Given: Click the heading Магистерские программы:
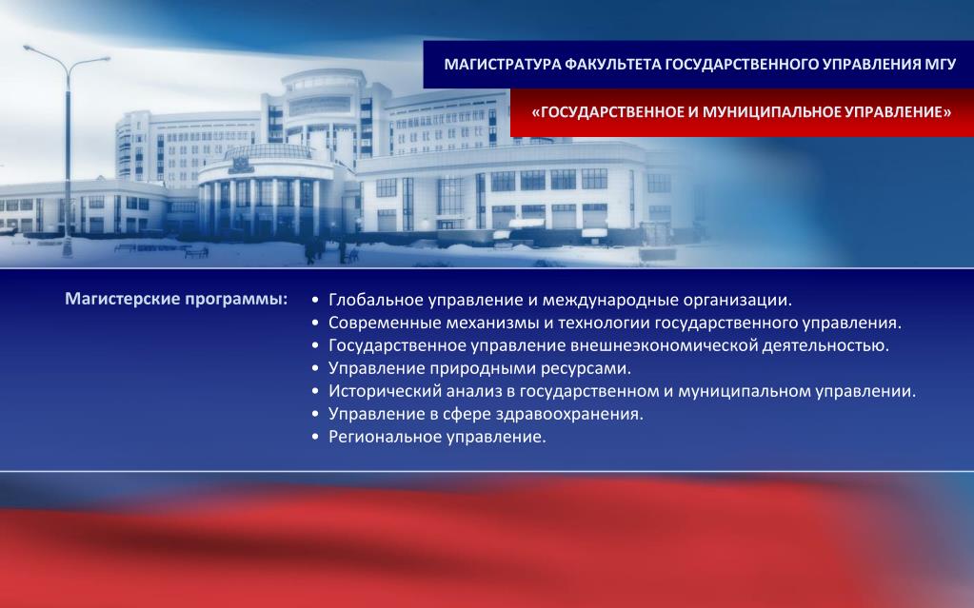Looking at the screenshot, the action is tap(176, 299).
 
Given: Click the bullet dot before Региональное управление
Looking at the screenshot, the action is tap(315, 438).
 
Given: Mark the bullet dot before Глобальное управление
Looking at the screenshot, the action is tap(315, 301).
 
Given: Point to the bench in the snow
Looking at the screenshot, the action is tap(196, 252).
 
